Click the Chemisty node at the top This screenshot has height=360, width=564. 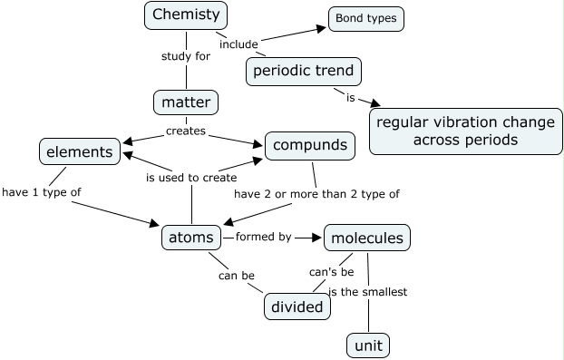tap(186, 15)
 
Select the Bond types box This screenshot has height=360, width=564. tap(365, 18)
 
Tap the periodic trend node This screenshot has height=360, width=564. tap(304, 71)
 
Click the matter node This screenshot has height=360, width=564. tap(185, 103)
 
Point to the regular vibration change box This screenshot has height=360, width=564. tap(464, 131)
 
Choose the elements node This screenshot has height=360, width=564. tap(80, 151)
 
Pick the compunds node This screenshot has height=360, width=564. tap(308, 145)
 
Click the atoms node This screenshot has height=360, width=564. tap(190, 238)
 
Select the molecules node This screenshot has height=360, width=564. tap(366, 238)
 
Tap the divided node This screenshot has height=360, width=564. tap(297, 307)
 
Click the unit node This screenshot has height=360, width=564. tap(368, 345)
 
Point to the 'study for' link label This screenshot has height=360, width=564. tap(185, 56)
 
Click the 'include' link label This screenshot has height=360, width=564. tap(238, 43)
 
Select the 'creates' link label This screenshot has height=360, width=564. tap(185, 131)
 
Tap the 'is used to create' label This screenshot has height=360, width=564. tap(191, 178)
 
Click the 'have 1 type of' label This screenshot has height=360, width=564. tap(42, 191)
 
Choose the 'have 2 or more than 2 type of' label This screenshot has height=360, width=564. tap(316, 193)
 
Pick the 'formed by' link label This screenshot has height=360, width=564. tap(263, 237)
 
